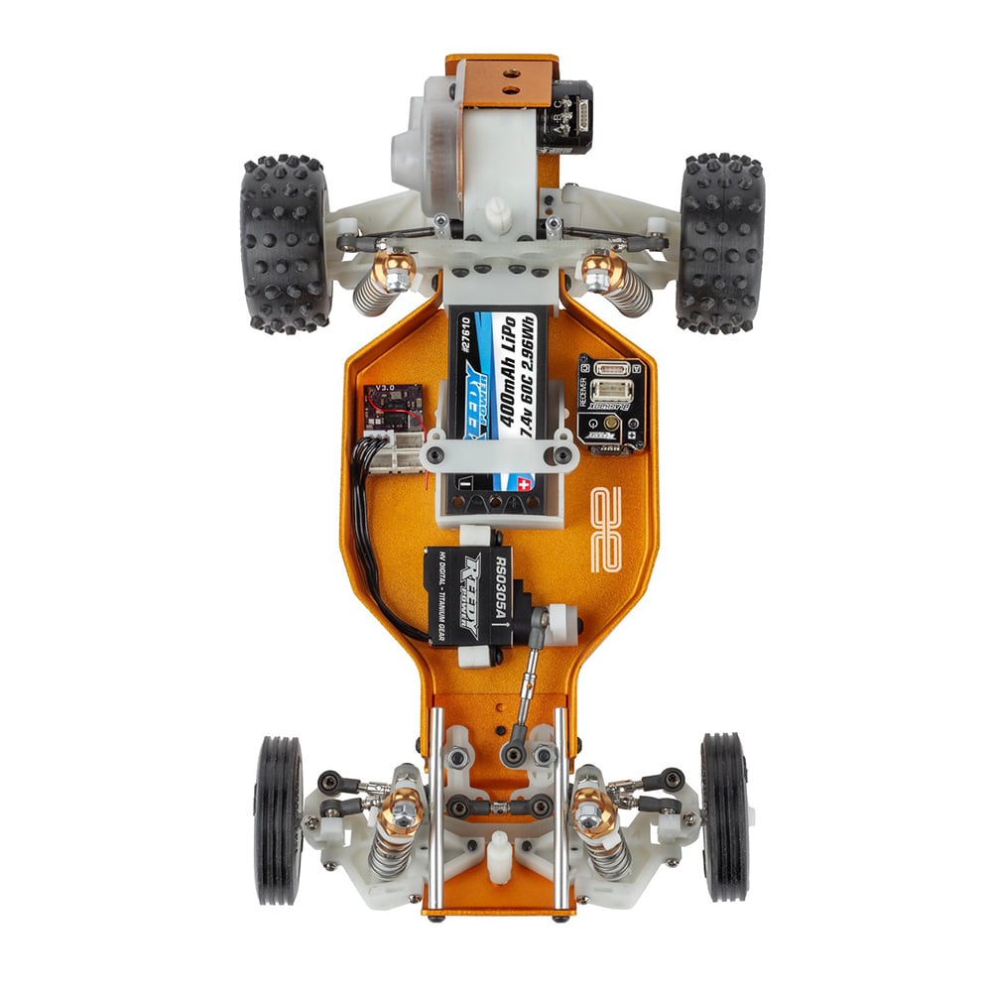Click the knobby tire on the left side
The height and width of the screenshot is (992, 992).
[284, 243]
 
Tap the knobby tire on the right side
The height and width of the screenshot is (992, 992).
[721, 243]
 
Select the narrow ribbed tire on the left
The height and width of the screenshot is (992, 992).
[277, 819]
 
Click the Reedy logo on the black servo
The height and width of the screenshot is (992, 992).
[468, 595]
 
